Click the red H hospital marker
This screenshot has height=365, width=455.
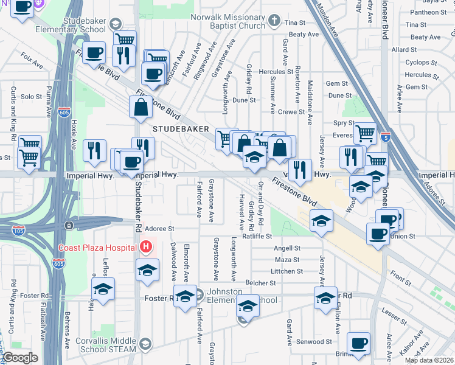(x=146, y=248)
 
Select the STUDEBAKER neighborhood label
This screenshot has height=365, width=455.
(x=181, y=129)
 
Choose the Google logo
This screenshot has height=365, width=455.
(x=21, y=358)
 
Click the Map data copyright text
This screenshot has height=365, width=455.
(x=429, y=360)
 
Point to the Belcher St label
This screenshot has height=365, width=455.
(x=260, y=283)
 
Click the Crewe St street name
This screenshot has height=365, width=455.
(x=291, y=112)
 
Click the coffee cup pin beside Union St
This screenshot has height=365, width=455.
(x=378, y=233)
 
